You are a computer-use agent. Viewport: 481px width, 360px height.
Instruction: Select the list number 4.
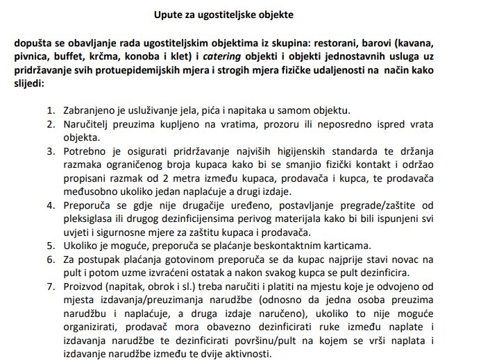point(50,207)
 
